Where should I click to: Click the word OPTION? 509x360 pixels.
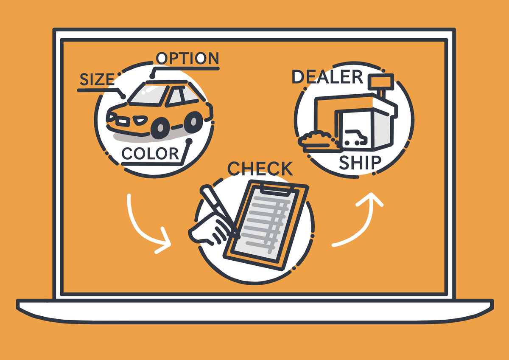click(187, 58)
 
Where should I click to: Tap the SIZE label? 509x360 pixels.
click(97, 79)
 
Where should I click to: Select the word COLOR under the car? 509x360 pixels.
click(151, 154)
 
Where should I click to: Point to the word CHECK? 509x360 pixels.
click(260, 169)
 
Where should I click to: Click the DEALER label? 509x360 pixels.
click(327, 77)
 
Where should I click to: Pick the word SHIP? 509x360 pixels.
click(360, 163)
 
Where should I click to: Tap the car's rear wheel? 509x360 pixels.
click(193, 122)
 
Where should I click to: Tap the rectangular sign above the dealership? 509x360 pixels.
click(381, 81)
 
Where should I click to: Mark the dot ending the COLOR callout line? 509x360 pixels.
click(189, 141)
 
